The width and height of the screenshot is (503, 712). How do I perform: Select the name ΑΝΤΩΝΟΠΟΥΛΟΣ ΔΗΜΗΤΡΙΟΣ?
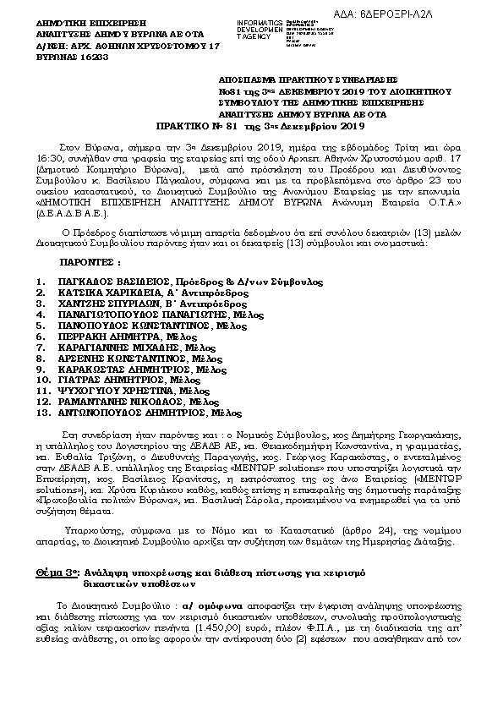point(123,414)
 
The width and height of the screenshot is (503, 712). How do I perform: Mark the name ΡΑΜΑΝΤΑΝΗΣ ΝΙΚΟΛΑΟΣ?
point(111,403)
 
